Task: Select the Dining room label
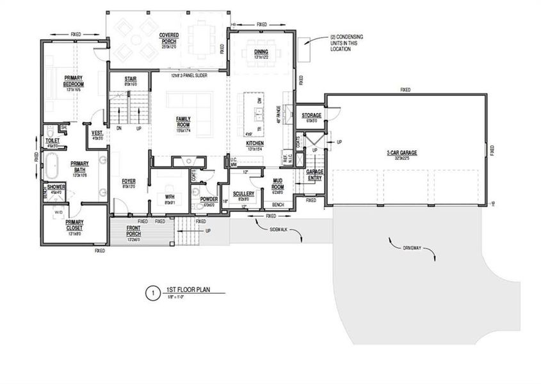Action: pos(261,51)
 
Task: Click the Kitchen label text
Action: pos(255,143)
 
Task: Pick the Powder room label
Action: pos(209,200)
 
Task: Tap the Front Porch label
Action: pos(134,231)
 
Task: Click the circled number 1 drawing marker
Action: pos(151,293)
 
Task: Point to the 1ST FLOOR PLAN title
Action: pos(186,290)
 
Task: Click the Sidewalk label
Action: pos(279,228)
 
